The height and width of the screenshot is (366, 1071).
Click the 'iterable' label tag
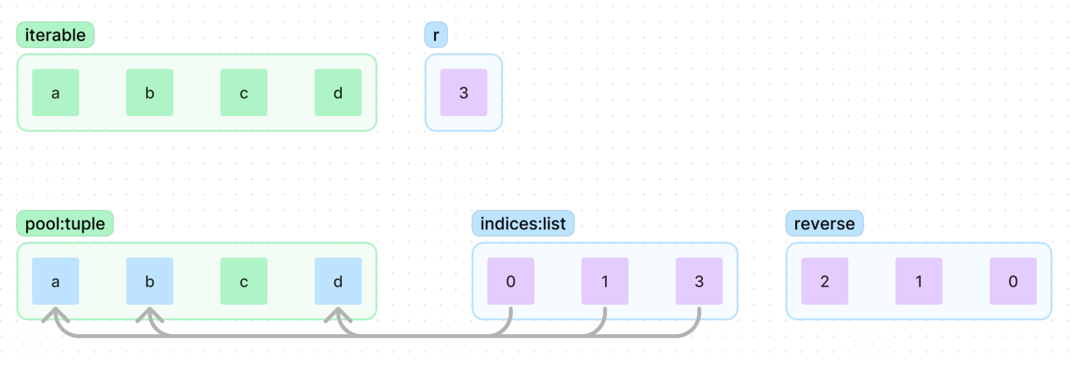click(x=55, y=35)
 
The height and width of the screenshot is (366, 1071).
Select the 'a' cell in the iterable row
click(x=56, y=92)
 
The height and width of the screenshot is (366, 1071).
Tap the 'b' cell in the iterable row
click(x=150, y=92)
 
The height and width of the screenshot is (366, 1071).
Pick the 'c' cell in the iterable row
click(x=244, y=92)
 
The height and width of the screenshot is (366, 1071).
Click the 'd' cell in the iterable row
click(x=338, y=92)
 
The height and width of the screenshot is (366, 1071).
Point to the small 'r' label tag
click(x=436, y=35)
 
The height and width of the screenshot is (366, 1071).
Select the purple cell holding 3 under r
click(x=463, y=92)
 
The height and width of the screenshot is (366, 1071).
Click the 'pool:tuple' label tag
click(x=65, y=224)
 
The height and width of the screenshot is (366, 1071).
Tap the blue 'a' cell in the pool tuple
click(x=56, y=281)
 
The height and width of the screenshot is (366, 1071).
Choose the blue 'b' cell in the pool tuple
click(x=150, y=281)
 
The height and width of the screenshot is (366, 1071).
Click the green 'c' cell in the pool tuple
click(x=244, y=281)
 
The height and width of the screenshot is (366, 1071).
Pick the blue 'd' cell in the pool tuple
click(x=338, y=281)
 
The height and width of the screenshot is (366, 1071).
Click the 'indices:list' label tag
click(x=523, y=224)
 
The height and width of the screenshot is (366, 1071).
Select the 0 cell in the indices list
click(x=511, y=281)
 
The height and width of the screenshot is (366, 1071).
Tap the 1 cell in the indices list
click(x=605, y=281)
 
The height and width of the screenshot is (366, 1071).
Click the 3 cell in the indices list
click(x=699, y=281)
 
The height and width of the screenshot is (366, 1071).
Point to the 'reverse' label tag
click(x=824, y=224)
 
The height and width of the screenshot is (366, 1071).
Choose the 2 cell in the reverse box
click(x=825, y=281)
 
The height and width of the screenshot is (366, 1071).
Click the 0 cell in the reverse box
click(x=1013, y=281)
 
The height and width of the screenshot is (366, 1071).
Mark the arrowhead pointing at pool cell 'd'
click(x=338, y=314)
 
